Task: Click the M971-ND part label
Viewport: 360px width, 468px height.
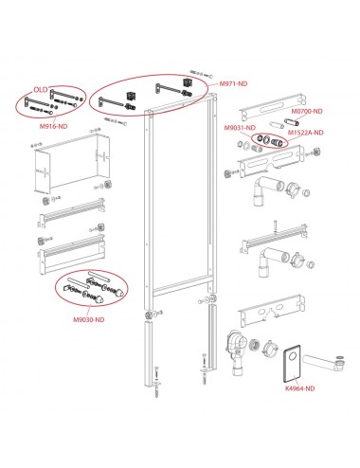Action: tap(233, 83)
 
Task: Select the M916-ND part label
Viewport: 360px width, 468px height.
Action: tap(53, 126)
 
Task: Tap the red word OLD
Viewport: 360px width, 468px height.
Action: tap(41, 90)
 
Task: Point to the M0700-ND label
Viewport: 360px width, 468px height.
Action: tap(307, 111)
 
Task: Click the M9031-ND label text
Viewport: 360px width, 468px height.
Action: tap(240, 128)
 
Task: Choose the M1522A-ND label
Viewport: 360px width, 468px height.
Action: tap(305, 133)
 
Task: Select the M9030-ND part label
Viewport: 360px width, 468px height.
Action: tap(89, 319)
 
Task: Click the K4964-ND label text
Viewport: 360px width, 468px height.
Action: tap(300, 388)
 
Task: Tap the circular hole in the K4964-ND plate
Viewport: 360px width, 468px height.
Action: tap(293, 356)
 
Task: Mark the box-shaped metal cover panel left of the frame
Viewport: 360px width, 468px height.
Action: tap(72, 164)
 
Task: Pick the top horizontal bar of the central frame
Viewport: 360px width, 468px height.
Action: tap(180, 102)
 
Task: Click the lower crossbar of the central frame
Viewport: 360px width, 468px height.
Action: tap(181, 285)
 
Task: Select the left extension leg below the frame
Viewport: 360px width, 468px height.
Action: tap(149, 353)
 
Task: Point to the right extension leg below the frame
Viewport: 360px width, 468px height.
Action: tap(212, 337)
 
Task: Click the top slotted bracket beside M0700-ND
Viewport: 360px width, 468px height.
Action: tap(273, 106)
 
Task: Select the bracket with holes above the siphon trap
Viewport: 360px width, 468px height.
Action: tap(272, 310)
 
